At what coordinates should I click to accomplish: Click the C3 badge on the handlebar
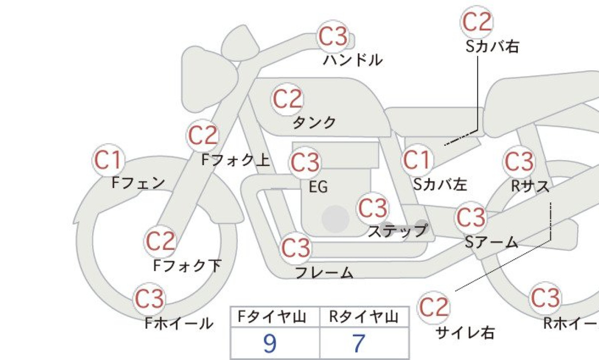[x=333, y=37]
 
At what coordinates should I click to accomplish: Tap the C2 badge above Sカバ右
[x=477, y=22]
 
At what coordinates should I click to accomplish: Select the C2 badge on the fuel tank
[x=288, y=99]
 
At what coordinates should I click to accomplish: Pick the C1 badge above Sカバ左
[x=417, y=160]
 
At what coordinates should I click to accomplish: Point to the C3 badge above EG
[x=305, y=163]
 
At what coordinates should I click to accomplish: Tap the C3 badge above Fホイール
[x=149, y=299]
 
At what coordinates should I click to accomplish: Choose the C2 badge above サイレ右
[x=434, y=308]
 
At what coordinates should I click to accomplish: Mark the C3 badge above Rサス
[x=519, y=162]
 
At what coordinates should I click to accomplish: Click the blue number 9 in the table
[x=270, y=344]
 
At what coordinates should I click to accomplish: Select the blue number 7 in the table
[x=359, y=344]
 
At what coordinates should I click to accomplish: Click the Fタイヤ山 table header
[x=272, y=317]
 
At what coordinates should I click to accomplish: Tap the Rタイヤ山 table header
[x=364, y=317]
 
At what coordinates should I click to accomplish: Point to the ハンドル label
[x=353, y=60]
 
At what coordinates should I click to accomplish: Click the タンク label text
[x=314, y=123]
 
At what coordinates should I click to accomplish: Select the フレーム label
[x=324, y=272]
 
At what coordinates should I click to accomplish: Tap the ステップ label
[x=398, y=231]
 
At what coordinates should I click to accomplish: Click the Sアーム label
[x=491, y=242]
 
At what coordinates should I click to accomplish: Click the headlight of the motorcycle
[x=210, y=79]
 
